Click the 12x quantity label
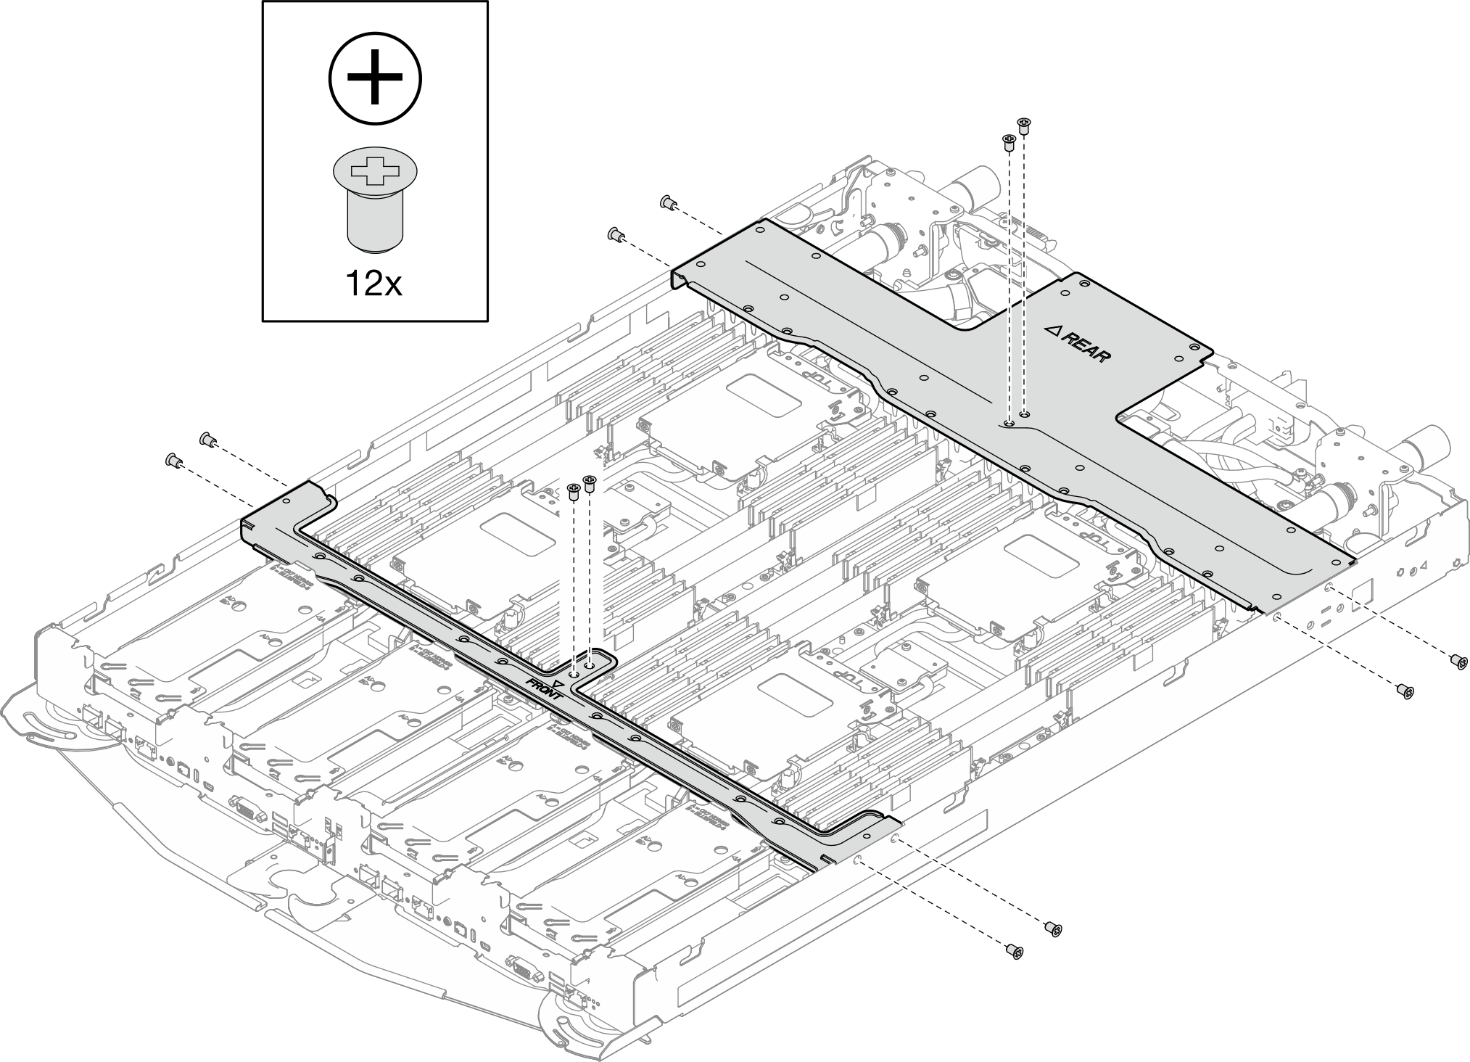click(x=373, y=284)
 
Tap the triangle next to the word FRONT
click(x=558, y=683)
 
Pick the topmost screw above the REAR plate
click(x=1023, y=125)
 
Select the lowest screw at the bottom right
click(x=1015, y=950)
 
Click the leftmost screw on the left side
click(x=173, y=459)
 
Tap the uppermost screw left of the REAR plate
click(x=668, y=202)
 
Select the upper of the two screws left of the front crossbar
click(x=206, y=439)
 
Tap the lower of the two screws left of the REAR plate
click(x=615, y=234)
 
